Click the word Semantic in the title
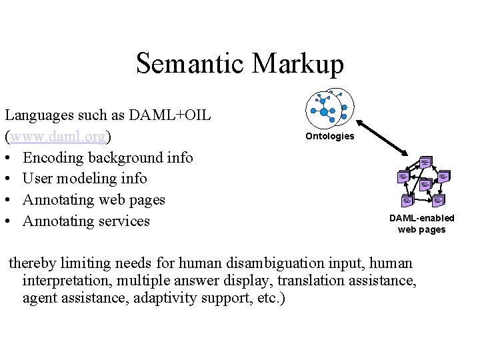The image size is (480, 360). pyautogui.click(x=191, y=64)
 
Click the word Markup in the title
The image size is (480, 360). pyautogui.click(x=299, y=64)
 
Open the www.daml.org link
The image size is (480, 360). pyautogui.click(x=58, y=137)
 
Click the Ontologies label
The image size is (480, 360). pyautogui.click(x=329, y=137)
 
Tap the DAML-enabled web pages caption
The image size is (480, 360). pyautogui.click(x=421, y=224)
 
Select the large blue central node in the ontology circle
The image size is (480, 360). pyautogui.click(x=324, y=111)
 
